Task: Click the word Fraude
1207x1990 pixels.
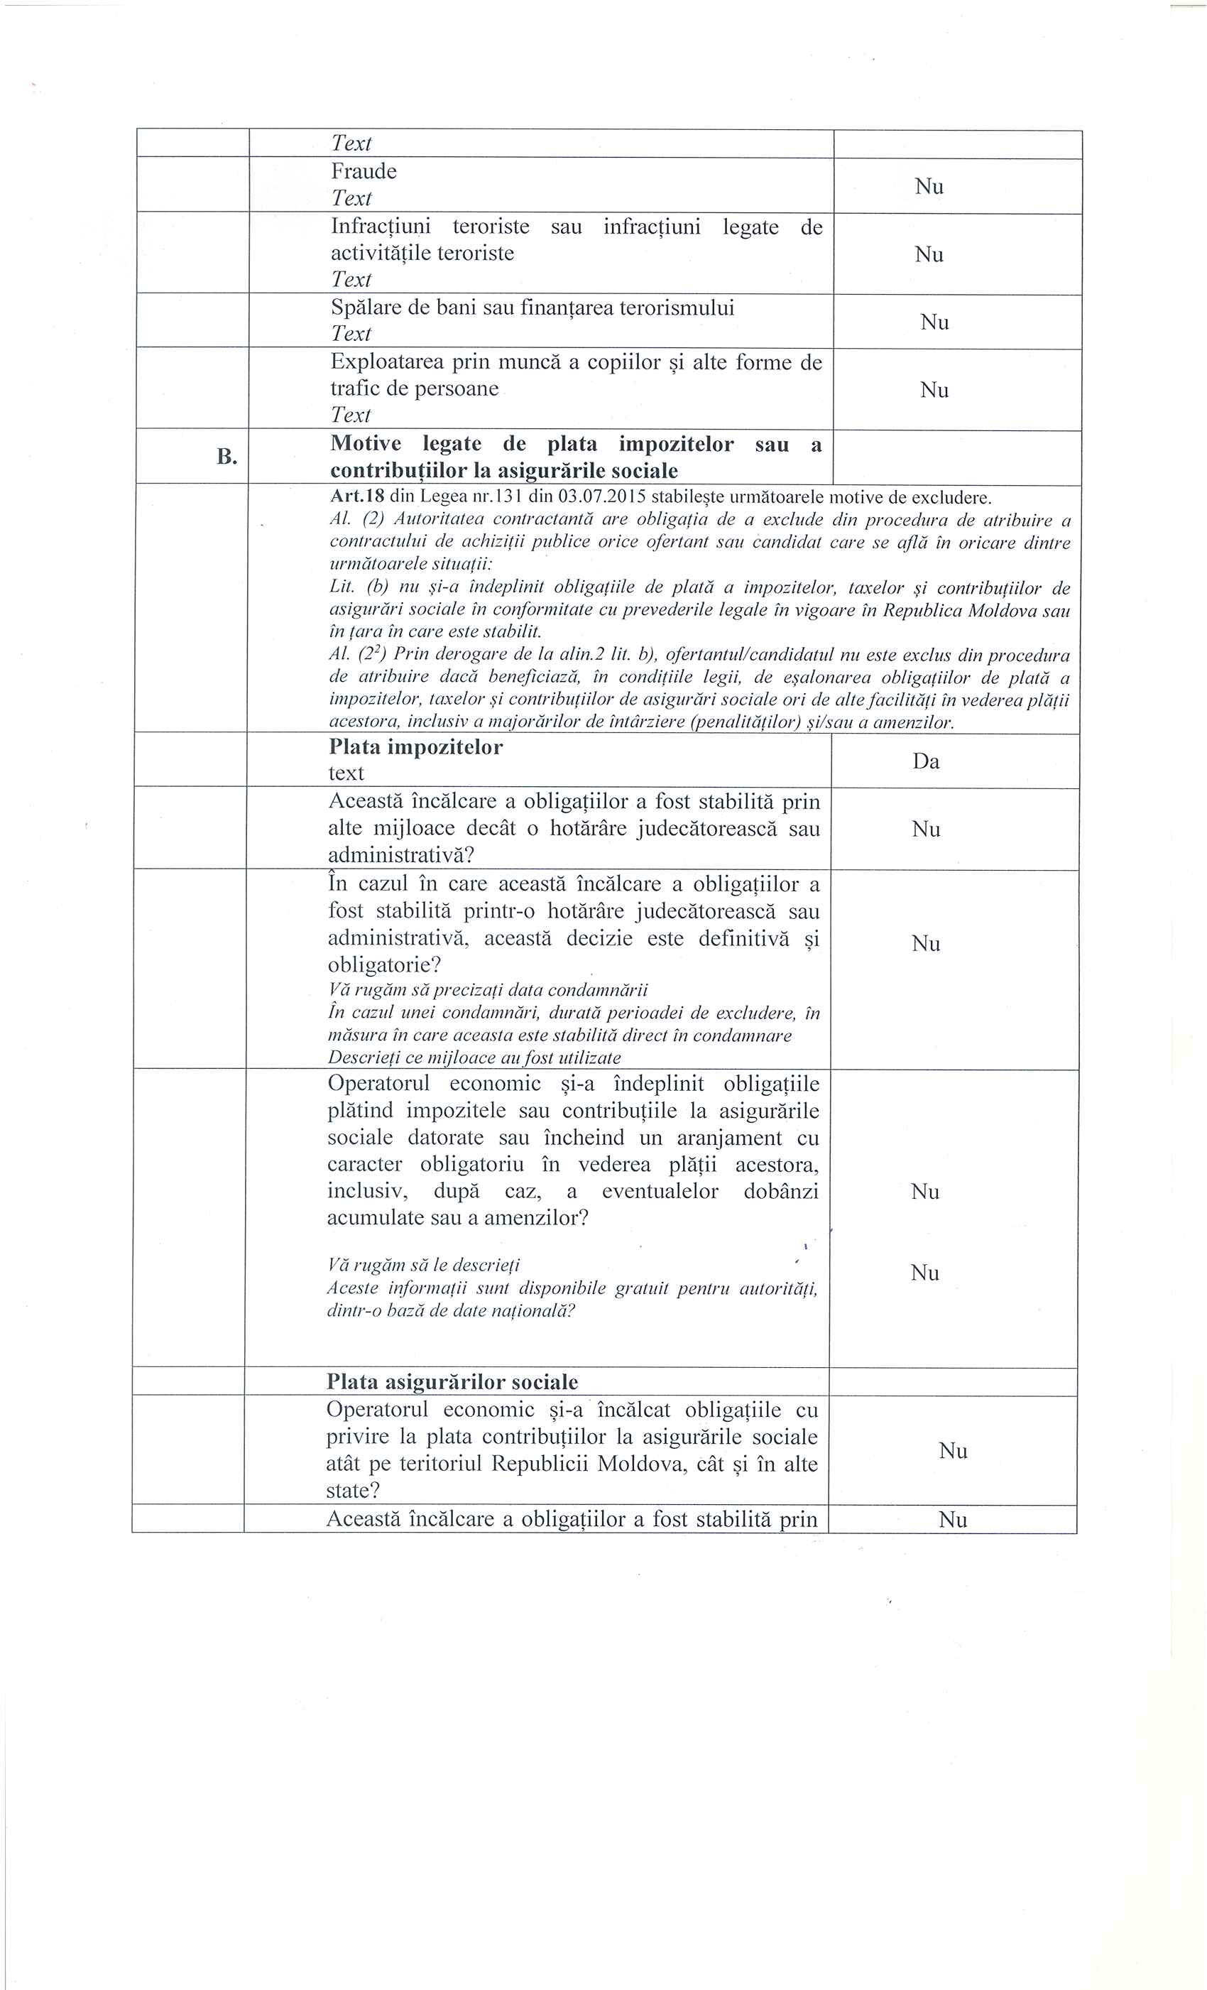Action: (x=364, y=171)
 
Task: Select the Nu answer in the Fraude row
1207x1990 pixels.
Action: (x=929, y=187)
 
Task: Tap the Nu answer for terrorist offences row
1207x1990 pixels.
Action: (x=929, y=254)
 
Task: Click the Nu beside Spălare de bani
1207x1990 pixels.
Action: (x=934, y=322)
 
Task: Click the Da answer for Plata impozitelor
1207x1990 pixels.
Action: (x=926, y=761)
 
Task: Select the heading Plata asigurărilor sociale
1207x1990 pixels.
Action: (x=452, y=1381)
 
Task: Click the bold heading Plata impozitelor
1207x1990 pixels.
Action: (x=415, y=747)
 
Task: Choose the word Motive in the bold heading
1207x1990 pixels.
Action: (x=366, y=444)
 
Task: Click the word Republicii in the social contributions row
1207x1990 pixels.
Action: (x=540, y=1464)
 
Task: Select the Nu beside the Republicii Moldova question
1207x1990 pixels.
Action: (x=953, y=1450)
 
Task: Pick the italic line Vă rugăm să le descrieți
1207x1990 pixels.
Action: (x=424, y=1265)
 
